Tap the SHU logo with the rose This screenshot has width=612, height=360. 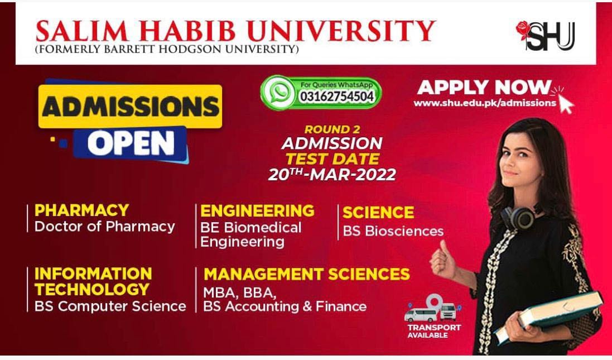pyautogui.click(x=545, y=36)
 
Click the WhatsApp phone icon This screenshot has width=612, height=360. pyautogui.click(x=278, y=93)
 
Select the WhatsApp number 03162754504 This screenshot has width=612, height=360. pyautogui.click(x=337, y=97)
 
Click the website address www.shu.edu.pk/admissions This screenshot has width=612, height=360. pyautogui.click(x=485, y=103)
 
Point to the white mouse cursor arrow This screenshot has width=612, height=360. pyautogui.click(x=566, y=104)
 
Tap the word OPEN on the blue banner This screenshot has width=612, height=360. pyautogui.click(x=131, y=143)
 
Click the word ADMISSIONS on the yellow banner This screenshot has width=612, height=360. pyautogui.click(x=131, y=107)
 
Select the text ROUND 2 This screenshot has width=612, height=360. pyautogui.click(x=332, y=129)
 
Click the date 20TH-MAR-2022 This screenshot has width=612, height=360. pyautogui.click(x=332, y=174)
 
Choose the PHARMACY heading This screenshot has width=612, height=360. pyautogui.click(x=81, y=210)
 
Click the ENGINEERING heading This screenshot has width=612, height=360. pyautogui.click(x=257, y=211)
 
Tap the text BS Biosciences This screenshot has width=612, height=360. pyautogui.click(x=393, y=231)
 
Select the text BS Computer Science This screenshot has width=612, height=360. pyautogui.click(x=110, y=306)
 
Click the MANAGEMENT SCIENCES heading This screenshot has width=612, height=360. pyautogui.click(x=307, y=274)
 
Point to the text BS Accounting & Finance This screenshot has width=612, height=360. pyautogui.click(x=285, y=306)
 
